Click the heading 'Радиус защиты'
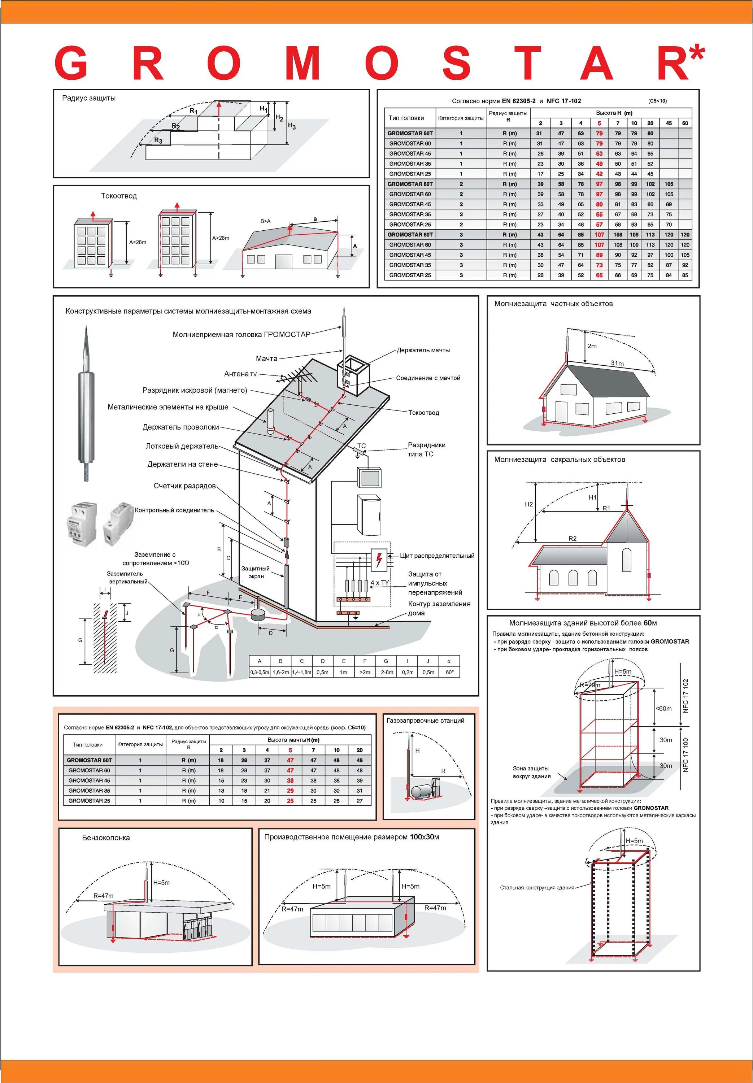(89, 98)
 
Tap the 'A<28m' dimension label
(138, 242)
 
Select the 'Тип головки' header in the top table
(406, 118)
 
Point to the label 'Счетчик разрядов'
(184, 486)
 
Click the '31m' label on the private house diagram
(617, 363)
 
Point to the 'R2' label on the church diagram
(572, 538)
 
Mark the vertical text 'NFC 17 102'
(685, 695)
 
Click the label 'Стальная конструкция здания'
(537, 887)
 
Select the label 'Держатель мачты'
(423, 350)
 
